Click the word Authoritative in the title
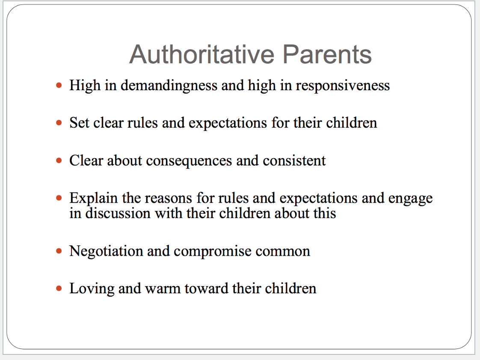coord(202,54)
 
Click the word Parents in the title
coord(327,54)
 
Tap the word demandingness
coord(169,86)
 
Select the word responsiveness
coord(343,86)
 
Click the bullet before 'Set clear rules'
coord(59,123)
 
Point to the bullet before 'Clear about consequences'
coord(59,161)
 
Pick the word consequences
coord(189,161)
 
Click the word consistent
coord(294,161)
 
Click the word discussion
coord(118,213)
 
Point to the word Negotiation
coord(106,251)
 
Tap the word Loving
coord(92,289)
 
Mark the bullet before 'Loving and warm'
coord(59,289)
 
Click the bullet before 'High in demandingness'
coord(59,86)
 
